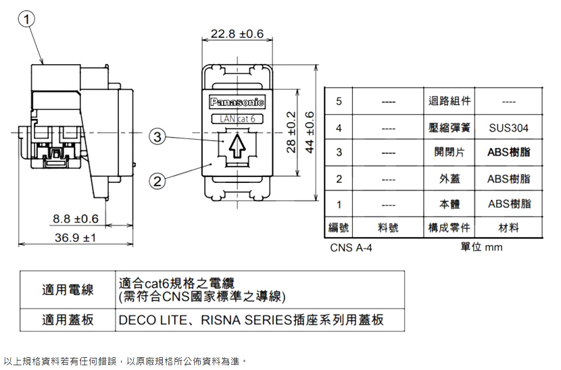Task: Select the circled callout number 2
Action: pyautogui.click(x=157, y=180)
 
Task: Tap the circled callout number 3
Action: pyautogui.click(x=157, y=137)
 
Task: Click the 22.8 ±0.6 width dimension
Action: pyautogui.click(x=237, y=34)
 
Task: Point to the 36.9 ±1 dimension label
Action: pyautogui.click(x=75, y=238)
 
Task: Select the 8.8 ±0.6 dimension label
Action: pyautogui.click(x=76, y=219)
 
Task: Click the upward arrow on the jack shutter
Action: pyautogui.click(x=236, y=146)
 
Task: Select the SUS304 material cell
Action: pyautogui.click(x=508, y=127)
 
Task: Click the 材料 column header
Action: pyautogui.click(x=508, y=228)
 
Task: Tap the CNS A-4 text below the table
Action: pyautogui.click(x=351, y=248)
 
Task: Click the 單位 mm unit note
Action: pyautogui.click(x=481, y=247)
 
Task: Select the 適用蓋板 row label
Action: pyautogui.click(x=68, y=319)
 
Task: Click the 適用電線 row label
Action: pyautogui.click(x=68, y=290)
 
